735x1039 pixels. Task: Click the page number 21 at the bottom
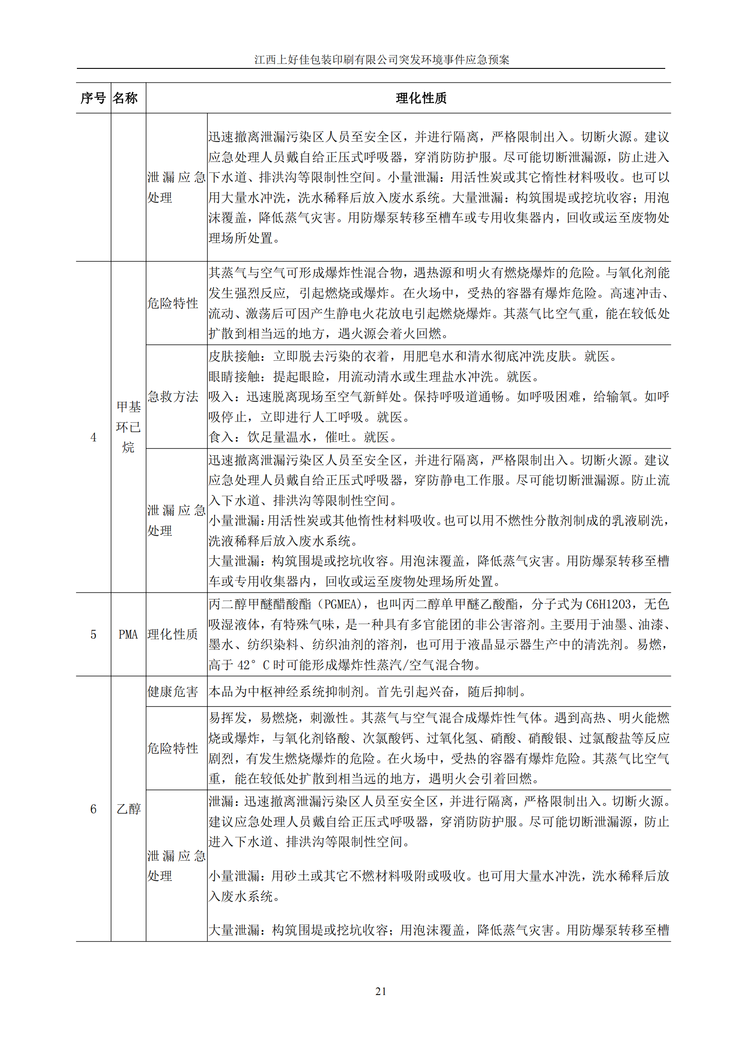tap(381, 991)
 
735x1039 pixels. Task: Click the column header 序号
tap(93, 98)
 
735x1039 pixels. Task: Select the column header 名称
tap(125, 98)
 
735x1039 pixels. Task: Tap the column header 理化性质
tap(421, 98)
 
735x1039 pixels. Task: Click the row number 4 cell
tap(93, 437)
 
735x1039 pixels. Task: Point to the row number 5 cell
tap(93, 634)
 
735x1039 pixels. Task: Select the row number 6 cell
tap(93, 808)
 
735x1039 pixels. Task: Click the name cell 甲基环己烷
tap(128, 427)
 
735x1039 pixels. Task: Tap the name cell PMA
tap(128, 634)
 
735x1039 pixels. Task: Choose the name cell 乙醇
tap(128, 808)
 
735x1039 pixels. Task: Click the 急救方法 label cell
tap(172, 397)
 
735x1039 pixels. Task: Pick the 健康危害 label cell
tap(172, 692)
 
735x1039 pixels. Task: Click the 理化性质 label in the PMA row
tap(172, 634)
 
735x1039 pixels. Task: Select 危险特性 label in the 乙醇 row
tap(172, 748)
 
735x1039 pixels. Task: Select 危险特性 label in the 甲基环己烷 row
tap(172, 303)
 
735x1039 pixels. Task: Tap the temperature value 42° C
tap(253, 665)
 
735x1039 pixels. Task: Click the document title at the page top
tap(382, 60)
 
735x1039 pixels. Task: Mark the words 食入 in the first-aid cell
tap(221, 437)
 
